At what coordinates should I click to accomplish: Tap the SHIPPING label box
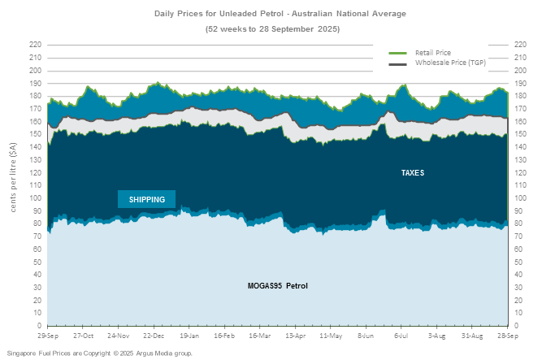[147, 199]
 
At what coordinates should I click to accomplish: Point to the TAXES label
[413, 173]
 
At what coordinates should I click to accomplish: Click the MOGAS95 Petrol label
[277, 285]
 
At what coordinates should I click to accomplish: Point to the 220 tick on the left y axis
[36, 44]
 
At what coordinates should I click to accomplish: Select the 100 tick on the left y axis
[36, 197]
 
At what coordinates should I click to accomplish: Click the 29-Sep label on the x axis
[47, 334]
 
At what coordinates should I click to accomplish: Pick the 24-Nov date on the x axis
[119, 334]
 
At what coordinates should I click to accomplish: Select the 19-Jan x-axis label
[189, 334]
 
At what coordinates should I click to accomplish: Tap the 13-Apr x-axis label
[295, 334]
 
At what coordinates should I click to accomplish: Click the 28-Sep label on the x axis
[507, 334]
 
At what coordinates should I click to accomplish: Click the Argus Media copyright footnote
[100, 353]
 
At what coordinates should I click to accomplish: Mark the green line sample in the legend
[399, 53]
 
